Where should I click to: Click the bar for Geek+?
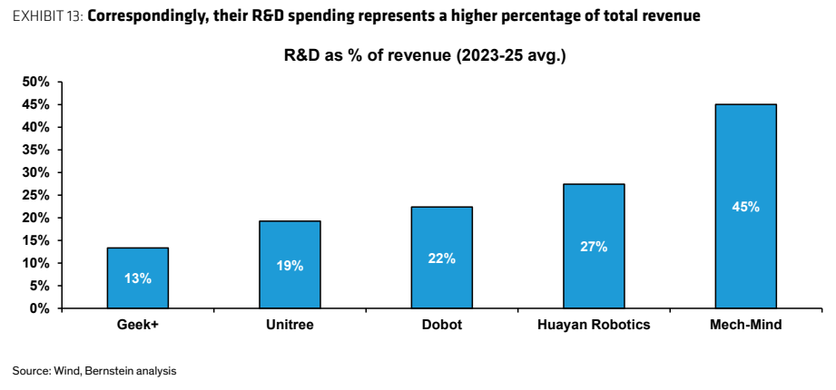click(138, 278)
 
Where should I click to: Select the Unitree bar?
click(290, 264)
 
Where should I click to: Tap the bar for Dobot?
click(441, 258)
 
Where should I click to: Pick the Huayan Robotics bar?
click(594, 246)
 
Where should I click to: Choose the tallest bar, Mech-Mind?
click(745, 206)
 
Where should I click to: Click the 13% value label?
click(138, 278)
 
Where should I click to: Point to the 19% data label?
click(290, 266)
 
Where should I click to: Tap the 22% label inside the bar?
click(441, 258)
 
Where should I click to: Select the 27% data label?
click(594, 248)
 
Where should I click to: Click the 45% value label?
click(745, 207)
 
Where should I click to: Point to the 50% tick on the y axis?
click(35, 82)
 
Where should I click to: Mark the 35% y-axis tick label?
click(35, 150)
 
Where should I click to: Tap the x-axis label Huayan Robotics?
click(594, 325)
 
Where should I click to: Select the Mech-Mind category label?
click(745, 325)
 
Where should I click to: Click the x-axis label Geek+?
click(138, 325)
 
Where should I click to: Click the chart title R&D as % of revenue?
click(425, 56)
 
